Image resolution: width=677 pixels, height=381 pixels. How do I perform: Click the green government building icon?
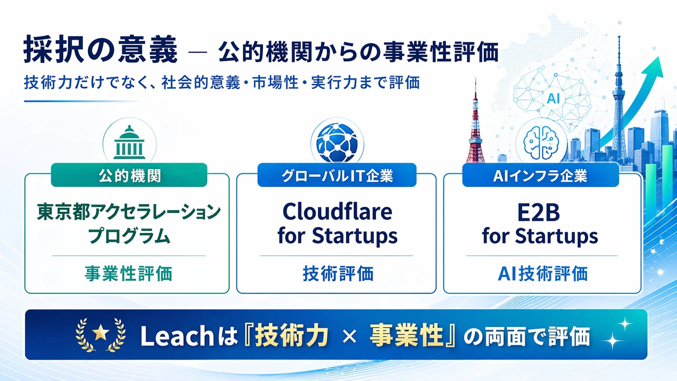click(129, 143)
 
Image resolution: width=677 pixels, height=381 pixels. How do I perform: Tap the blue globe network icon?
click(337, 143)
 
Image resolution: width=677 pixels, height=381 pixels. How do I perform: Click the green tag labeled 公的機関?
click(129, 175)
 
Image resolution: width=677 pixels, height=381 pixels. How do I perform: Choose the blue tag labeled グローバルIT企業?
click(337, 175)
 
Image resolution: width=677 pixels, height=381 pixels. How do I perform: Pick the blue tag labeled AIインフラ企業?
click(540, 175)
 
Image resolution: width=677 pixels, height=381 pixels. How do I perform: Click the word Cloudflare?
click(337, 211)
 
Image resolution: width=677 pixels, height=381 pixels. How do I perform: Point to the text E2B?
click(539, 213)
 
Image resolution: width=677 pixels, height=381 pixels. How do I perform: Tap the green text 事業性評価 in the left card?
click(128, 274)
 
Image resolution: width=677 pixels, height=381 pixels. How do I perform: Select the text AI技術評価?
click(542, 274)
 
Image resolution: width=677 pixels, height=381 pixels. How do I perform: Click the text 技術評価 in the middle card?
click(338, 274)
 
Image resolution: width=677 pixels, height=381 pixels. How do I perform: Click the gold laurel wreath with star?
click(100, 334)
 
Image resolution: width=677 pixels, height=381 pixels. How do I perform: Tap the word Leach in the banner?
click(177, 336)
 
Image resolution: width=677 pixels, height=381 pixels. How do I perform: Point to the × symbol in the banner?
click(349, 336)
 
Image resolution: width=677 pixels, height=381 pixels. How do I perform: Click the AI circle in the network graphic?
click(553, 98)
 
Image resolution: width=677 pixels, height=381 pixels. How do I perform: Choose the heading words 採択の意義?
click(100, 49)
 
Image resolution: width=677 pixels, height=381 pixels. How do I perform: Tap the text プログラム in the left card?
click(129, 236)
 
